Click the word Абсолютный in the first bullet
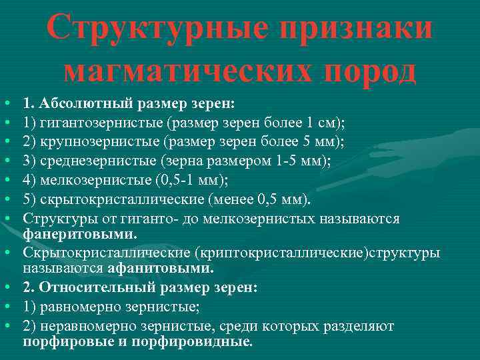(x=81, y=105)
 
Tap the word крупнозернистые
(x=100, y=141)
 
